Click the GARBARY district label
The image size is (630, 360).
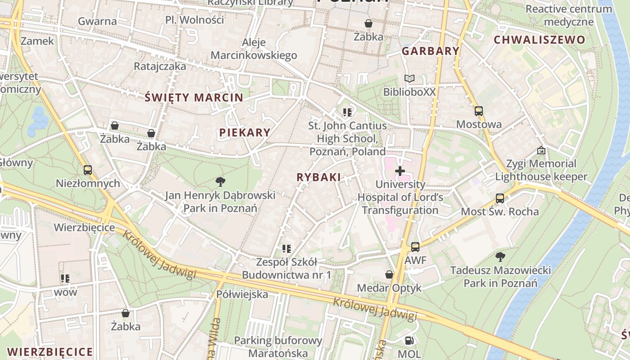click(x=430, y=51)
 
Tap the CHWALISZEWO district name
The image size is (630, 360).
click(x=540, y=40)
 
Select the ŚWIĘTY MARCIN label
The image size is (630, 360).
click(x=194, y=97)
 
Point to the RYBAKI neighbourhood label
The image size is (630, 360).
click(x=319, y=177)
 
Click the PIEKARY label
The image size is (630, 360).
click(x=245, y=132)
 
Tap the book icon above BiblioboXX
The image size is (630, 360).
click(x=409, y=79)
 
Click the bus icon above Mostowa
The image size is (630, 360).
click(x=478, y=111)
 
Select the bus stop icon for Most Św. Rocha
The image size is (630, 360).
click(x=499, y=198)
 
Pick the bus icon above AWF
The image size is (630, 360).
click(x=415, y=247)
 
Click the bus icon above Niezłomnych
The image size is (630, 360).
click(x=88, y=170)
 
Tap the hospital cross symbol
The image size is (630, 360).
click(x=400, y=171)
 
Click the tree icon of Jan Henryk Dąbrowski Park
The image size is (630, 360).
click(x=220, y=182)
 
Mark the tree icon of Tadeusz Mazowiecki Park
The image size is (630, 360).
click(x=500, y=257)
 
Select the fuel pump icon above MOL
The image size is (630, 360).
click(x=409, y=341)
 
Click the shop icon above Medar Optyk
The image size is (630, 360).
click(x=389, y=274)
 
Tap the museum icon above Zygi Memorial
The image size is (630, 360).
click(x=541, y=150)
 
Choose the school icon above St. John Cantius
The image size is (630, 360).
click(x=347, y=112)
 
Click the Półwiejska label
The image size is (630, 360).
click(x=242, y=294)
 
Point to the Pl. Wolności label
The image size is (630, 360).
click(x=194, y=20)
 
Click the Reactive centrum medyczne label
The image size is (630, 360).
click(x=569, y=15)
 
